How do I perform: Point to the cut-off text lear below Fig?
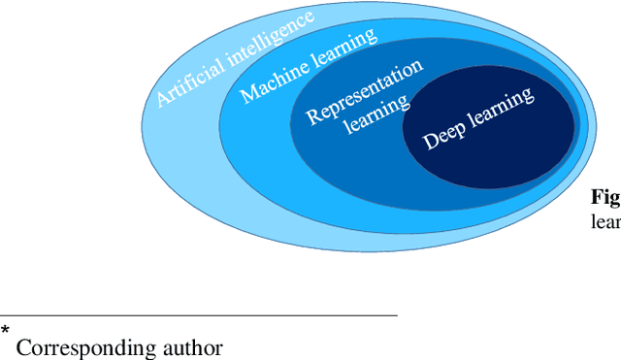pyautogui.click(x=605, y=219)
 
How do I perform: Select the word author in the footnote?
pyautogui.click(x=193, y=346)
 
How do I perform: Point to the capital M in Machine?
pyautogui.click(x=247, y=95)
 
